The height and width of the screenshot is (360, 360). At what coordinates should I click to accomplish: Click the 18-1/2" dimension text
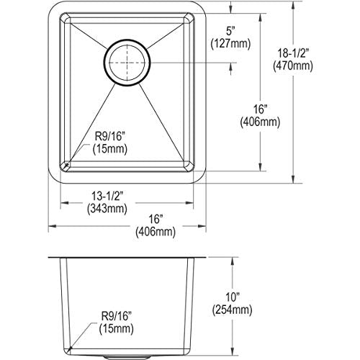point(292,53)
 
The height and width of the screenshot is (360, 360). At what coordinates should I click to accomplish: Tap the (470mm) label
point(293,66)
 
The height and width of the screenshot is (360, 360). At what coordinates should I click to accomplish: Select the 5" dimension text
point(230,32)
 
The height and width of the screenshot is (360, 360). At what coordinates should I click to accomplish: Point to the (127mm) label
point(230,44)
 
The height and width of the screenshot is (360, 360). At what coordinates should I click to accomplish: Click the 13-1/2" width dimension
point(107,196)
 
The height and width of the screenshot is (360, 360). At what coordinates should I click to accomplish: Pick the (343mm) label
point(107,209)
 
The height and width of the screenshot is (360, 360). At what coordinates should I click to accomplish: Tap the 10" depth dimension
point(232,298)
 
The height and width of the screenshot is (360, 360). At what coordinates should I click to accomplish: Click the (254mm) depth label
point(232,310)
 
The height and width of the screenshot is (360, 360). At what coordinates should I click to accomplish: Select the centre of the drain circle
point(127,63)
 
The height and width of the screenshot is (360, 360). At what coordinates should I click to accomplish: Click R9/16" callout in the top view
point(110,137)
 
